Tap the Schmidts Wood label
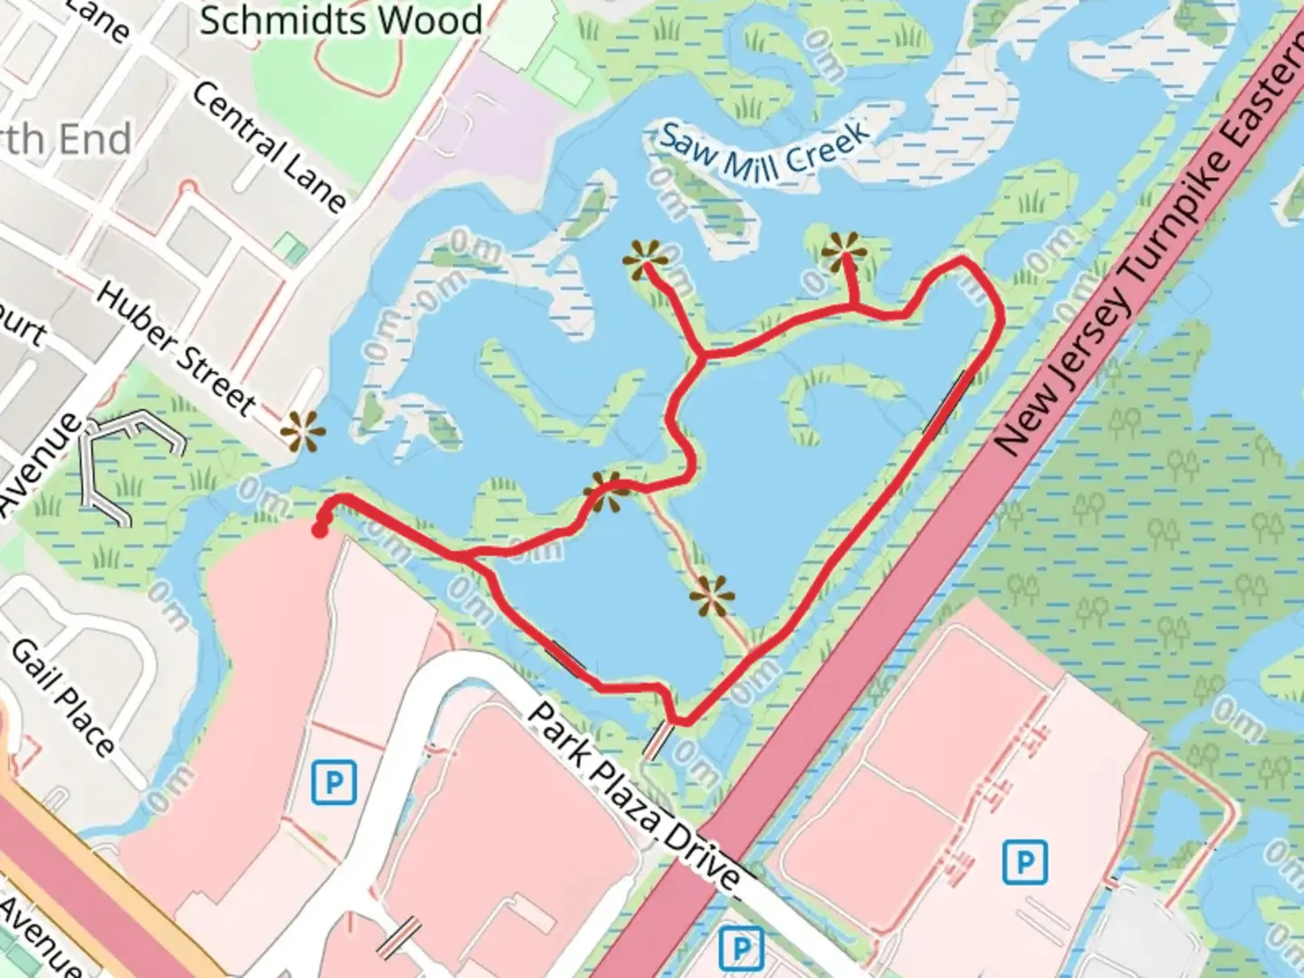click(x=340, y=20)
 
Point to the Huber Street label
click(x=176, y=350)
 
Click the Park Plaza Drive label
click(x=633, y=796)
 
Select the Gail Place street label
click(x=62, y=697)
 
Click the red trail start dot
click(x=320, y=531)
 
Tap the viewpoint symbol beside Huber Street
click(x=302, y=431)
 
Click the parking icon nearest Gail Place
click(x=333, y=782)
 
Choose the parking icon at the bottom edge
click(x=741, y=949)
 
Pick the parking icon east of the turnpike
click(x=1025, y=861)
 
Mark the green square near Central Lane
click(x=290, y=247)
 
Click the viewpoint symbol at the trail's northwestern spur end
click(x=645, y=261)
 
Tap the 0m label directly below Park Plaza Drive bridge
click(x=695, y=761)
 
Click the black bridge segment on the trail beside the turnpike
click(x=948, y=403)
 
